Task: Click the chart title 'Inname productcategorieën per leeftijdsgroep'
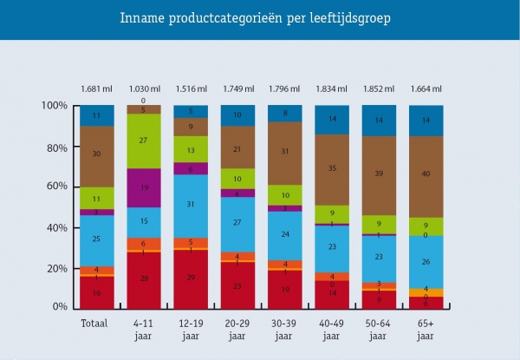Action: coord(260,20)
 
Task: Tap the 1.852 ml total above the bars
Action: coord(379,88)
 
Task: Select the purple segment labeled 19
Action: coord(144,187)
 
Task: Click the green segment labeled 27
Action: coord(144,141)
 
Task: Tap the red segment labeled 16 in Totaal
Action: coord(97,293)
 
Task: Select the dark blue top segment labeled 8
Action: coord(285,114)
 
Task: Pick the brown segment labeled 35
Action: coord(332,169)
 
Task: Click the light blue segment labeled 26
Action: coord(426,262)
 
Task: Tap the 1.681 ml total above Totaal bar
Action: coord(97,88)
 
